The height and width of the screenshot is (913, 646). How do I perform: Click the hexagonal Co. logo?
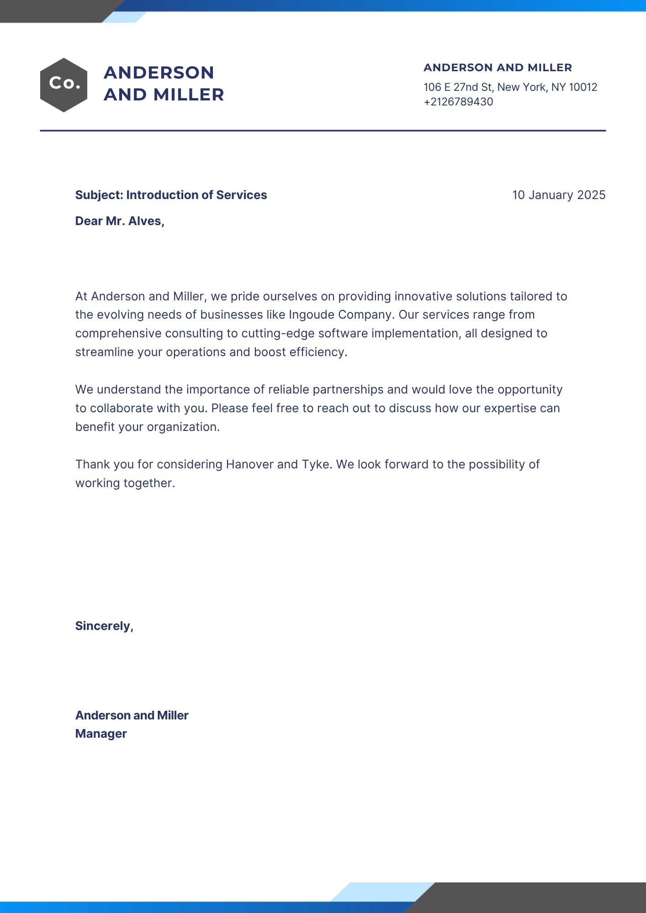click(x=64, y=85)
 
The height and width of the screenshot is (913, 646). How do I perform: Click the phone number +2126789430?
click(x=458, y=102)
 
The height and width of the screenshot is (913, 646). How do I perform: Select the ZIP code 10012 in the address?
click(x=583, y=87)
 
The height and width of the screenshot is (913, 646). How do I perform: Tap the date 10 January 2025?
click(x=558, y=195)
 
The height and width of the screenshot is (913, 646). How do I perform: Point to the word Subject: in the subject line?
click(x=99, y=195)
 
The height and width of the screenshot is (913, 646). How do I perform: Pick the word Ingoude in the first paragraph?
click(x=312, y=315)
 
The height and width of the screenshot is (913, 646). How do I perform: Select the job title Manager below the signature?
click(x=101, y=734)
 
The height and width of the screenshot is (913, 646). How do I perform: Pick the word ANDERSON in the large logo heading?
click(x=159, y=73)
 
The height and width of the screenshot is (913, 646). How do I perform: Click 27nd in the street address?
click(x=465, y=87)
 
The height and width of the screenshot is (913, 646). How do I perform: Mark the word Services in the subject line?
click(x=241, y=195)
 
